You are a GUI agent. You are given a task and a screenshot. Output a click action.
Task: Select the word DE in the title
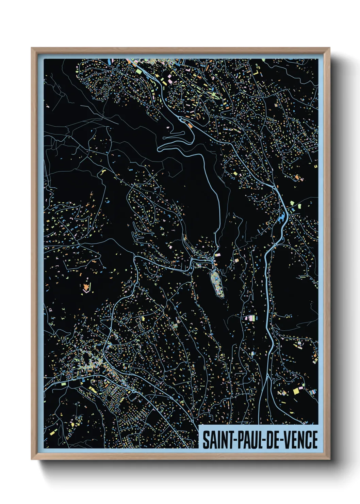click(273, 440)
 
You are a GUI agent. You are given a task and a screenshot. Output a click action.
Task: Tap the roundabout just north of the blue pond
click(274, 187)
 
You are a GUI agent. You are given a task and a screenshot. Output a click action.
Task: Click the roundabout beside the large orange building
click(180, 119)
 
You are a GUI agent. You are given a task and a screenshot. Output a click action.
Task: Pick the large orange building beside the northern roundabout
click(190, 126)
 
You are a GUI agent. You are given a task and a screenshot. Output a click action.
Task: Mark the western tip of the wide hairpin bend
click(159, 149)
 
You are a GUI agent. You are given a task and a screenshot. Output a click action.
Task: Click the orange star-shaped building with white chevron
click(86, 286)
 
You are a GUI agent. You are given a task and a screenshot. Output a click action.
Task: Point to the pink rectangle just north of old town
click(217, 254)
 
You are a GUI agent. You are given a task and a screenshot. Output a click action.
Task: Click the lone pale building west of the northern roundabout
click(168, 127)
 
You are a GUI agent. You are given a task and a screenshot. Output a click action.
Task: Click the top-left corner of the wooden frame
click(32, 48)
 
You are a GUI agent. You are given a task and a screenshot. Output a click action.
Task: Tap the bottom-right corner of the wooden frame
click(329, 459)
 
